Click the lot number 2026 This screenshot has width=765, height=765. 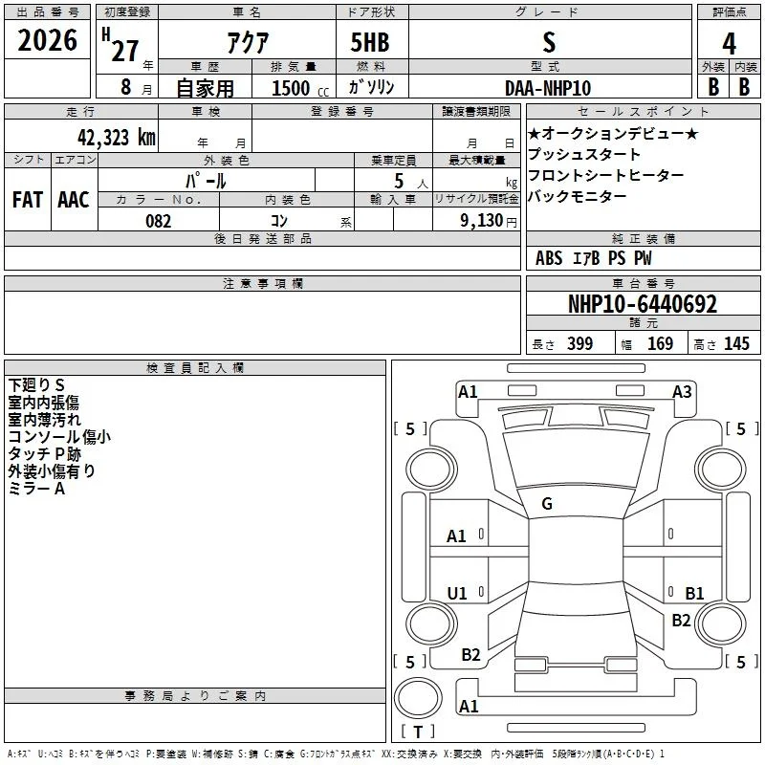[47, 40]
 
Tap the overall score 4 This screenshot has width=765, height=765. [729, 44]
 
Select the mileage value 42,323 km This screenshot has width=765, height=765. [117, 138]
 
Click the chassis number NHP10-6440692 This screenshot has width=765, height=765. [643, 304]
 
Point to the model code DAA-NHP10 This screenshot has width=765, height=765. [548, 88]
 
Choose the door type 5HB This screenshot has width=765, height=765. [370, 42]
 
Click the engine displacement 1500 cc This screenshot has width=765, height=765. [300, 88]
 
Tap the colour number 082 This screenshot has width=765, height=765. [159, 221]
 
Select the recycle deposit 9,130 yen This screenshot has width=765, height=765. [489, 221]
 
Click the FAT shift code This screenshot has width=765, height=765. [28, 200]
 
